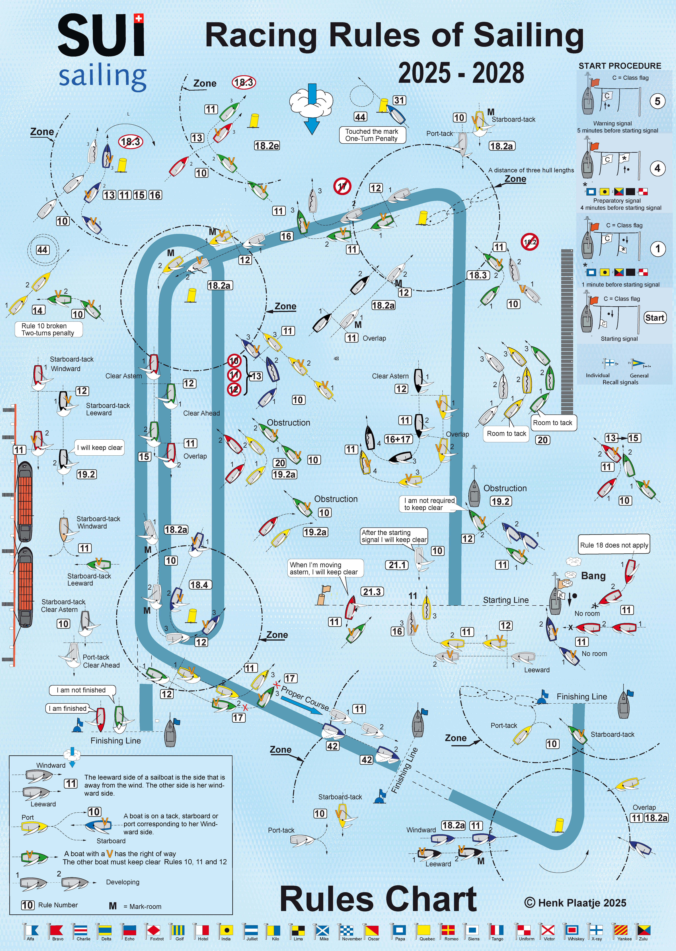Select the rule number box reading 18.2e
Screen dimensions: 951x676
[x=267, y=145]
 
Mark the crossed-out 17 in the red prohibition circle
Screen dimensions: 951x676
[x=342, y=186]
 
